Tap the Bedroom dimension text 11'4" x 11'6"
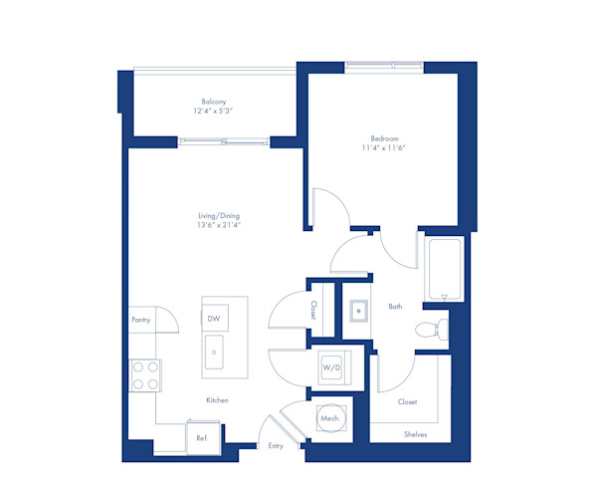383,147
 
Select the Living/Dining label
218,215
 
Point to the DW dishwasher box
213,319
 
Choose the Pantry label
140,320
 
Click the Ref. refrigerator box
202,436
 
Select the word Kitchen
218,400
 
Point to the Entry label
276,445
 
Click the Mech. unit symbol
330,419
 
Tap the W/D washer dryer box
331,367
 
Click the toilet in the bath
430,330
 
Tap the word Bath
395,307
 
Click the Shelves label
416,434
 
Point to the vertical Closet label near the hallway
314,311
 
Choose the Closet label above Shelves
407,402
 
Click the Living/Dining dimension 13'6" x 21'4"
218,225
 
